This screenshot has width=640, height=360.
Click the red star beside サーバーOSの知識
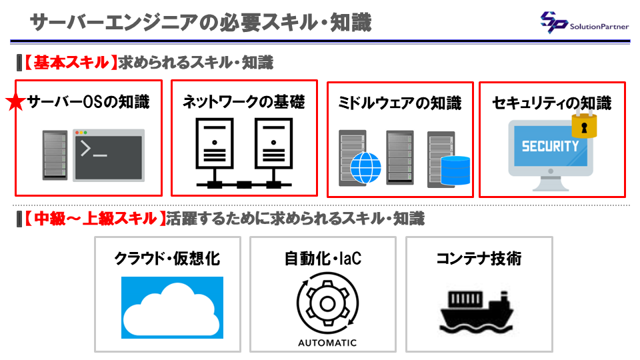[15, 102]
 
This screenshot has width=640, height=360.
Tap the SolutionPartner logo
[585, 23]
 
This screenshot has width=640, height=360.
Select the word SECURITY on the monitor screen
[550, 146]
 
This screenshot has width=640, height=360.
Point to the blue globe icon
[366, 168]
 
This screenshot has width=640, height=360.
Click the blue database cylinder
[455, 171]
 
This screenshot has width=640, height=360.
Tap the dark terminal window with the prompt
[109, 155]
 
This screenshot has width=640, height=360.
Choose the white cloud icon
[172, 309]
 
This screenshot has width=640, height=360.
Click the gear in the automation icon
[327, 303]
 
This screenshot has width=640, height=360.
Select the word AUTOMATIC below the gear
[327, 343]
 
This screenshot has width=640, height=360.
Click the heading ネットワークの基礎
[244, 101]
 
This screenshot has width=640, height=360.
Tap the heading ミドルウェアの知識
[400, 103]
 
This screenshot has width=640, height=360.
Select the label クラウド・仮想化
[167, 259]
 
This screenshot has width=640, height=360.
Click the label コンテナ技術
[479, 259]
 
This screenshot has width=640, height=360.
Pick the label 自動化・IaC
[323, 259]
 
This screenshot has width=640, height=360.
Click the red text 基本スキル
[71, 63]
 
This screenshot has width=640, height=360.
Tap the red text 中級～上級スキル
[95, 219]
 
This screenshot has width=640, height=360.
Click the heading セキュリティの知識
[552, 103]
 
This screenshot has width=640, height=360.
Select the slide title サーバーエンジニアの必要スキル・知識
[201, 23]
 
